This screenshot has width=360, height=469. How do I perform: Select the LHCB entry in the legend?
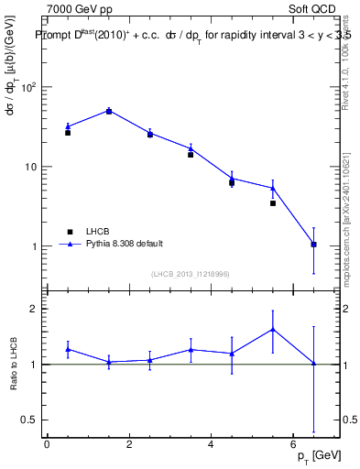(x=100, y=232)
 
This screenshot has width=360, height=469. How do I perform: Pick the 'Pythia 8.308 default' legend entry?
(x=125, y=244)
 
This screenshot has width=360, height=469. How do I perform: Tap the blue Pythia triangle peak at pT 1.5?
(x=109, y=111)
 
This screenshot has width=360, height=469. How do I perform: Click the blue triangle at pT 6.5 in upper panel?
(x=314, y=245)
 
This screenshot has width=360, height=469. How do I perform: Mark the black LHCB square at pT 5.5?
(x=273, y=203)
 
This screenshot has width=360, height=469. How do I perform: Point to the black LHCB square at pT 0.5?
(x=68, y=133)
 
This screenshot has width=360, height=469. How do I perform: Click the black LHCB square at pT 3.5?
(x=191, y=155)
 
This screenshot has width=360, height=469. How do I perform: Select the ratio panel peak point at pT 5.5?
(x=273, y=329)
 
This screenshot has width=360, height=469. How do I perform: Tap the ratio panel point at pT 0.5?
(x=68, y=349)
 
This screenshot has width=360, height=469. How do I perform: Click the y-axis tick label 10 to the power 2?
(x=28, y=88)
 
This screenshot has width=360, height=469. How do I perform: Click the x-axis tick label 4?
(x=211, y=444)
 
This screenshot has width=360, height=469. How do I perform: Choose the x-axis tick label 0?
(x=47, y=444)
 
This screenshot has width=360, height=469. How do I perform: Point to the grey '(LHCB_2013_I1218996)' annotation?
(x=190, y=274)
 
